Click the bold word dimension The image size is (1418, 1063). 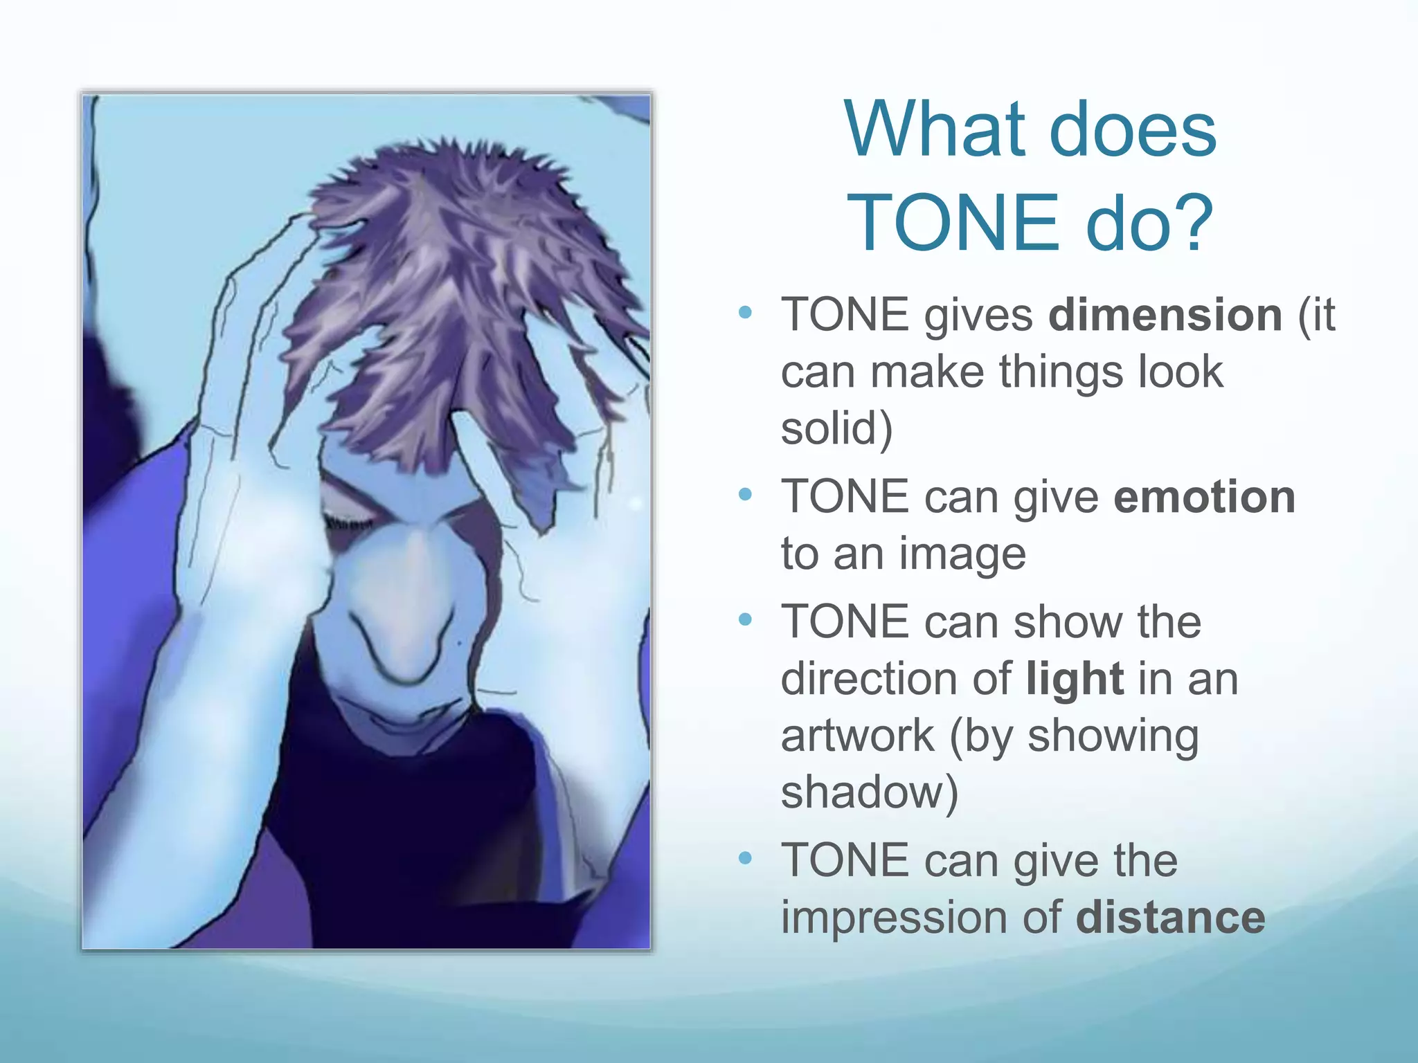click(1165, 316)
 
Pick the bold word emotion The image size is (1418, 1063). click(1204, 497)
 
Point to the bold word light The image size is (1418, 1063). click(1074, 679)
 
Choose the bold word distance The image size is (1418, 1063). click(1170, 918)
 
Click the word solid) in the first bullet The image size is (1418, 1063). click(836, 428)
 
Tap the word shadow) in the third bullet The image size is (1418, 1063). click(870, 792)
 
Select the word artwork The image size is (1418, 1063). click(857, 736)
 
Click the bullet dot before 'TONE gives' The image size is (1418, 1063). click(745, 313)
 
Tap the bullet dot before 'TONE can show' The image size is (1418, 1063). click(745, 619)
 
